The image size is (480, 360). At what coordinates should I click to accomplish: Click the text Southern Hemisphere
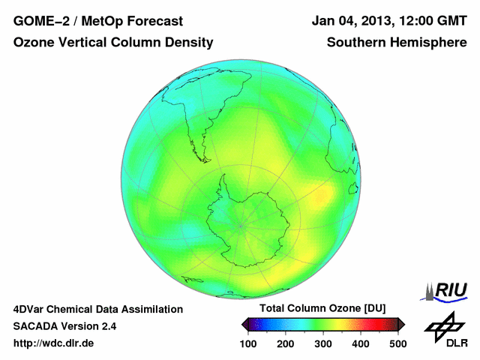point(397,43)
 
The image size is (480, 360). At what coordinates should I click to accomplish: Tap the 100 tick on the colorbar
point(248,343)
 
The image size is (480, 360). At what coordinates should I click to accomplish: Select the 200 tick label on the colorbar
point(286,343)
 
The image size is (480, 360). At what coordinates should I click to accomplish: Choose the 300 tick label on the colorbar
point(323,343)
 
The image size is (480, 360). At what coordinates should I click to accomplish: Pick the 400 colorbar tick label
point(361,343)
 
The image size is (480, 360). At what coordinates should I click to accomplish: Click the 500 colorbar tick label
point(397,343)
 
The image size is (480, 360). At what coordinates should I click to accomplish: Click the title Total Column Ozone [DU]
point(322,309)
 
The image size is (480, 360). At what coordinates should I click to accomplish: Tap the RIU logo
point(445,290)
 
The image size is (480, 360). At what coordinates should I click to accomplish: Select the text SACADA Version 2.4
point(64,326)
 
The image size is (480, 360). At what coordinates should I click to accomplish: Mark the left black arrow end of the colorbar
point(244,324)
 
